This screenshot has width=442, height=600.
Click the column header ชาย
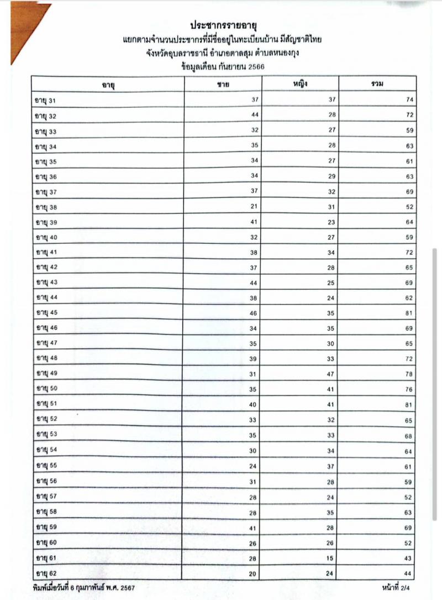click(x=223, y=84)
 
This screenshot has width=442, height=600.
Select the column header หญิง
click(x=300, y=84)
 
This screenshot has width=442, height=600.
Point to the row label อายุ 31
click(x=46, y=101)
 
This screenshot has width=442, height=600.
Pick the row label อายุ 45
click(x=46, y=313)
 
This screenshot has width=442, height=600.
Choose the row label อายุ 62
click(x=46, y=572)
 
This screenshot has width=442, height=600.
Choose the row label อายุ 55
click(x=46, y=466)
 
